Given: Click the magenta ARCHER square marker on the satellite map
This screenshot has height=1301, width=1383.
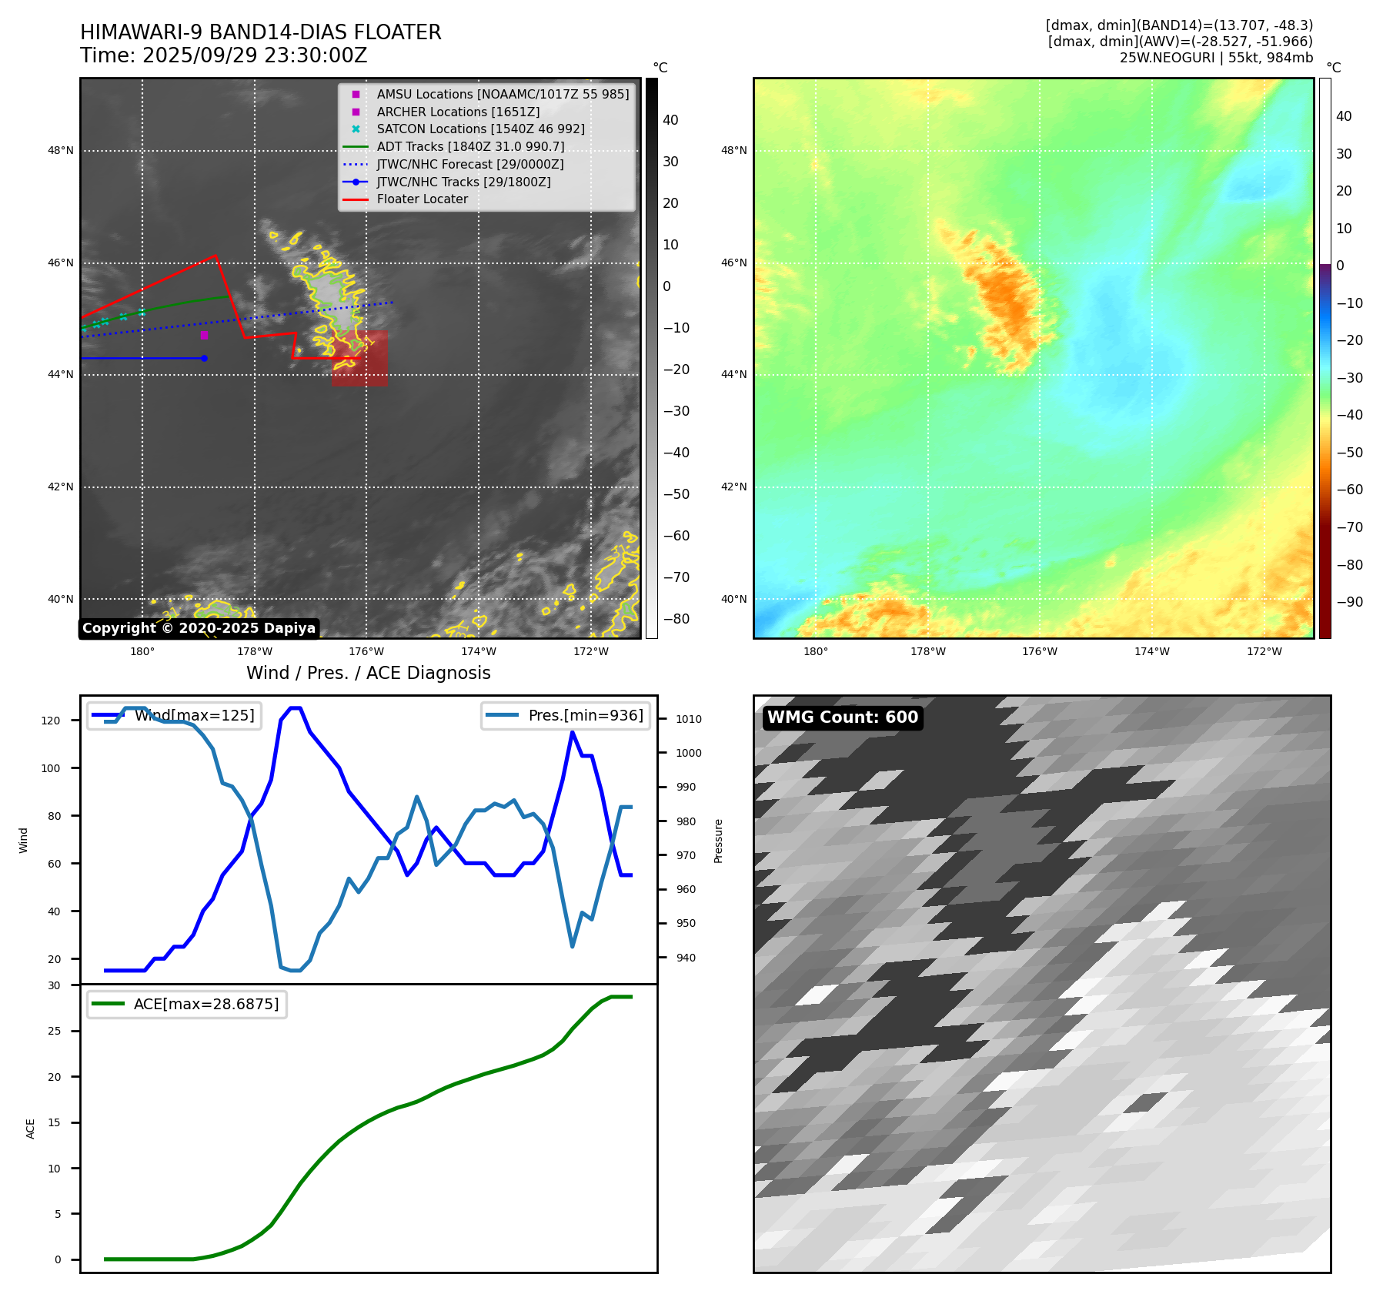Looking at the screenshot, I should coord(204,335).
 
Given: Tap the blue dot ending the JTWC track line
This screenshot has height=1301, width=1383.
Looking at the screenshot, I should coord(204,358).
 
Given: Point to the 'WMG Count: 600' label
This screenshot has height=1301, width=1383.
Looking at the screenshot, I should coord(842,717).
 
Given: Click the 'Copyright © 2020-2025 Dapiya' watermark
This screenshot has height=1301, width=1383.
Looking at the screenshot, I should coord(199,628).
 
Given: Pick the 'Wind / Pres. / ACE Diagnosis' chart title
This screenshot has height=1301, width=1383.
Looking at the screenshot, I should coord(368,673).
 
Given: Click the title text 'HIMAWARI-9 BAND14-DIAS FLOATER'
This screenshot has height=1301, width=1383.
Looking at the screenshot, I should coord(260,32).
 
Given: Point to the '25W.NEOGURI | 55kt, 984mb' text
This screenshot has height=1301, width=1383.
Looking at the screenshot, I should coord(1216,58).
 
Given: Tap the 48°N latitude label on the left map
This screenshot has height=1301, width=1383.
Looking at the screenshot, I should coord(61,150).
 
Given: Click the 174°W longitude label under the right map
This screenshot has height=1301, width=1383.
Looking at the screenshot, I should coord(1151,651).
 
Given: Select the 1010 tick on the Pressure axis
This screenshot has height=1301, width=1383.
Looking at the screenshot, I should coord(689,719).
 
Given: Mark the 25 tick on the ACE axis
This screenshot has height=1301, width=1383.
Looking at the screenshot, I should coord(54,1031).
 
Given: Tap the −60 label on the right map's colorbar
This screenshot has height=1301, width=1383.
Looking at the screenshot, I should coord(1349,490).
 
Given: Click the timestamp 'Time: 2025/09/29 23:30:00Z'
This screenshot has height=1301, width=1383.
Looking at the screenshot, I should coord(223,55).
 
